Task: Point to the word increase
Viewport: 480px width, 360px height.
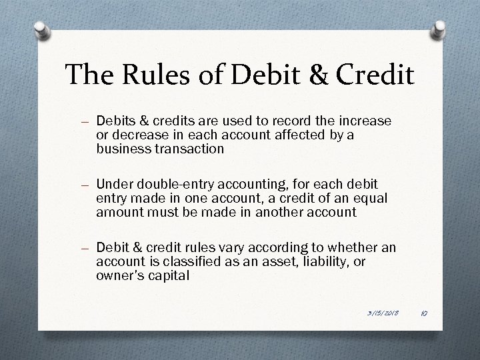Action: pyautogui.click(x=366, y=122)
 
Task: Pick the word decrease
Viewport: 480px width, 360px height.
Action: pyautogui.click(x=137, y=135)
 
